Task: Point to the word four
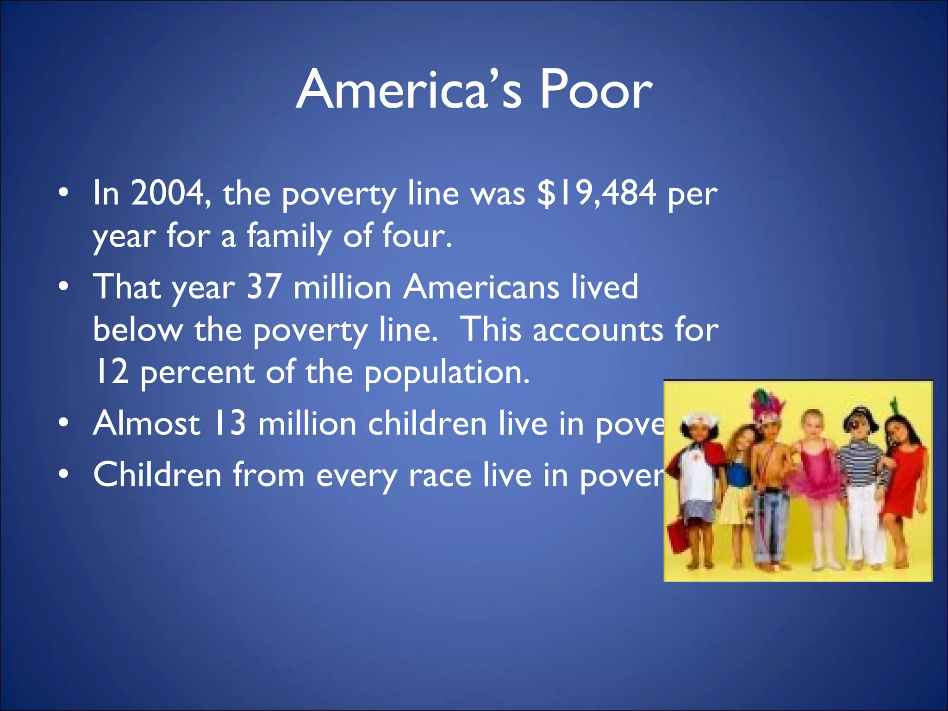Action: (x=416, y=236)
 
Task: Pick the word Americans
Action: (x=481, y=287)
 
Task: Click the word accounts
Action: (x=598, y=330)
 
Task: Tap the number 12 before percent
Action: (x=111, y=372)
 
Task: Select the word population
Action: (x=447, y=373)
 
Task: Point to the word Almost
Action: (x=147, y=423)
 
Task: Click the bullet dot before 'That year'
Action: (x=64, y=287)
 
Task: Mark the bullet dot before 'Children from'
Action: (x=64, y=474)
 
